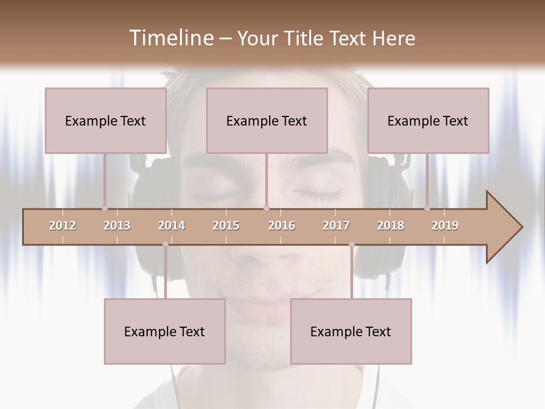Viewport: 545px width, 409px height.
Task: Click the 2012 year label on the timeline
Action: pyautogui.click(x=62, y=226)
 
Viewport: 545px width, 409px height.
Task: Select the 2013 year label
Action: pyautogui.click(x=117, y=226)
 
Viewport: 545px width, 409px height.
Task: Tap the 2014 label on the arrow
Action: pyautogui.click(x=171, y=226)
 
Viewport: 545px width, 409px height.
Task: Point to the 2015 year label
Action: pyautogui.click(x=226, y=226)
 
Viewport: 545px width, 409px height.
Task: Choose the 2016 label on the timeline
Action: pyautogui.click(x=282, y=226)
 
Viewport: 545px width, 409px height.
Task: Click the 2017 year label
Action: pyautogui.click(x=336, y=226)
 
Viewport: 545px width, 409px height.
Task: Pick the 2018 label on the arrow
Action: pyautogui.click(x=391, y=226)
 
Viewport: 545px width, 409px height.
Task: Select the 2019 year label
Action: pyautogui.click(x=445, y=226)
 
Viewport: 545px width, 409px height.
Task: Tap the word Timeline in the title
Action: pyautogui.click(x=170, y=38)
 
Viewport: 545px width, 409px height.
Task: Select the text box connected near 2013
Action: pyautogui.click(x=106, y=120)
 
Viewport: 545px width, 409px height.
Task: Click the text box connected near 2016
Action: pyautogui.click(x=267, y=120)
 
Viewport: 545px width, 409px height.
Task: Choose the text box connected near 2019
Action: pyautogui.click(x=428, y=120)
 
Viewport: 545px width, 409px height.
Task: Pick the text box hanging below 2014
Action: pyautogui.click(x=165, y=331)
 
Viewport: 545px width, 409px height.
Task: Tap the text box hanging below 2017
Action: pyautogui.click(x=351, y=331)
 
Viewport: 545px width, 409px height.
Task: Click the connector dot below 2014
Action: pyautogui.click(x=165, y=244)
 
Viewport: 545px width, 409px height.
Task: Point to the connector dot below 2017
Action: pyautogui.click(x=351, y=244)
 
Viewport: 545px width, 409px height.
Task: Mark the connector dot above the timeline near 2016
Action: pyautogui.click(x=266, y=208)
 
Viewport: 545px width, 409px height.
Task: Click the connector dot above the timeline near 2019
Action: pyautogui.click(x=427, y=208)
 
